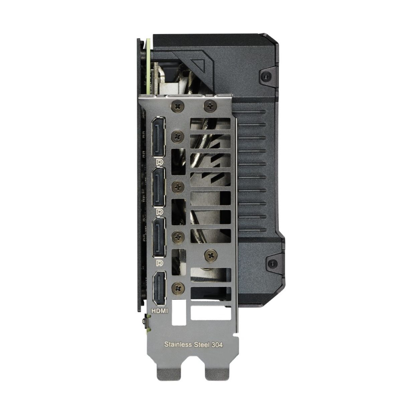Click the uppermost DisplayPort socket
[159, 137]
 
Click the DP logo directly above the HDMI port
[160, 263]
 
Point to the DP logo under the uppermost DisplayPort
[160, 162]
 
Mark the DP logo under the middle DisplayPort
[160, 212]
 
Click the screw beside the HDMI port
[178, 287]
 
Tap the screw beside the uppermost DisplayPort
[178, 136]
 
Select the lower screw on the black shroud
[271, 262]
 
